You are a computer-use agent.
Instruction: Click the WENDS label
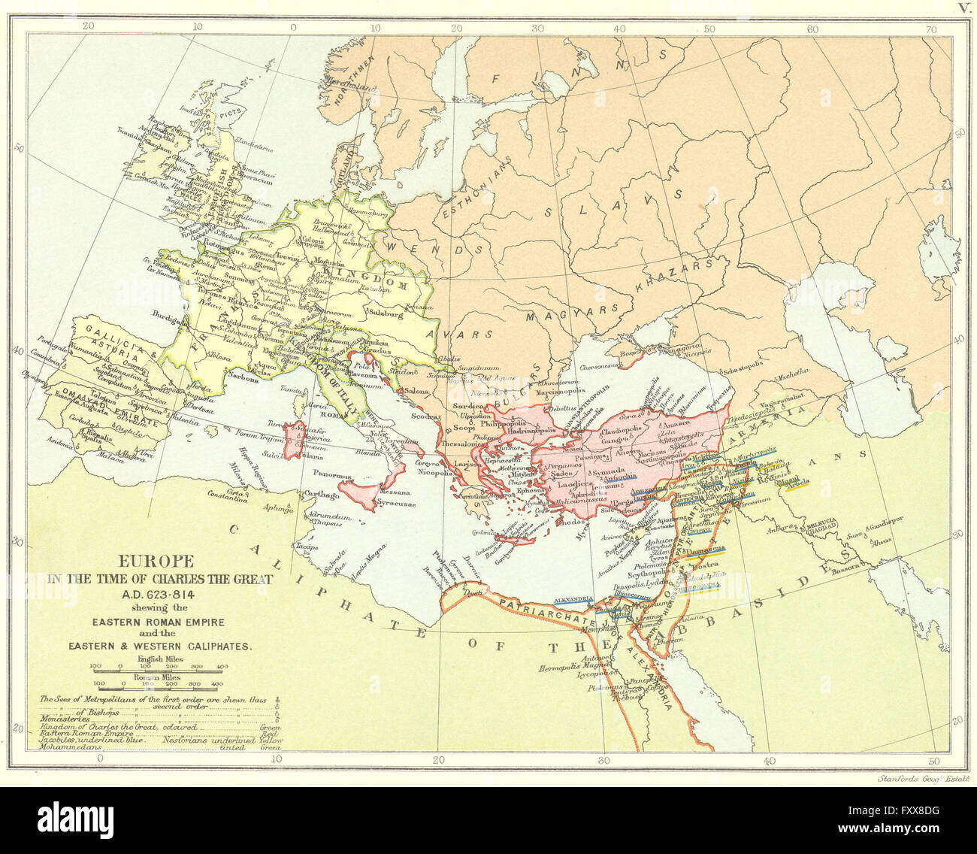coord(422,244)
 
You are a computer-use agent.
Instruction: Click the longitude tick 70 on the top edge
coord(931,30)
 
